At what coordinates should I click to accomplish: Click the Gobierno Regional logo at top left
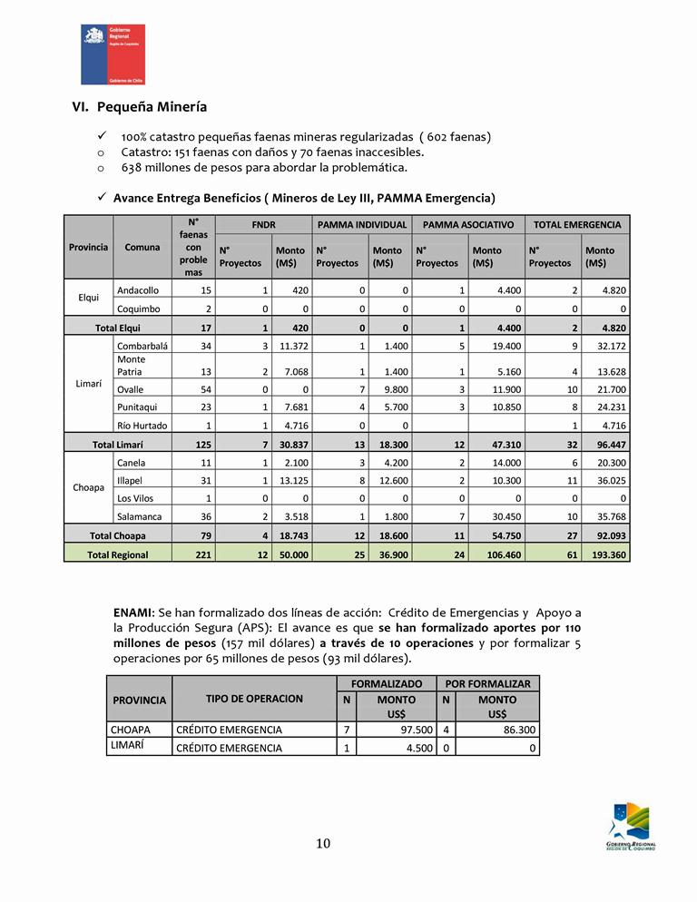coord(113,54)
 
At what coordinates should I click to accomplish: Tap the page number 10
coord(323,844)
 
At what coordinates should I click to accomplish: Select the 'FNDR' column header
coord(263,224)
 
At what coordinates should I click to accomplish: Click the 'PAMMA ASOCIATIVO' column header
coord(468,224)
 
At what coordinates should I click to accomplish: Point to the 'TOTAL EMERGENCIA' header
coord(577,224)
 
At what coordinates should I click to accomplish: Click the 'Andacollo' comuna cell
coord(138,290)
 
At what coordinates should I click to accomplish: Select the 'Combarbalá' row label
coord(142,347)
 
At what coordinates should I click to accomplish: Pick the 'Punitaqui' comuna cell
coord(137,407)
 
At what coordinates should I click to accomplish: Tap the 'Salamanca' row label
coord(140,516)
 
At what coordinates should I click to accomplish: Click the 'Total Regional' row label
coord(118,554)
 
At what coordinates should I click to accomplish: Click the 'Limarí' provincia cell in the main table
coord(88,384)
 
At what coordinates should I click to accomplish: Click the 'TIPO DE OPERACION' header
coord(254,699)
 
